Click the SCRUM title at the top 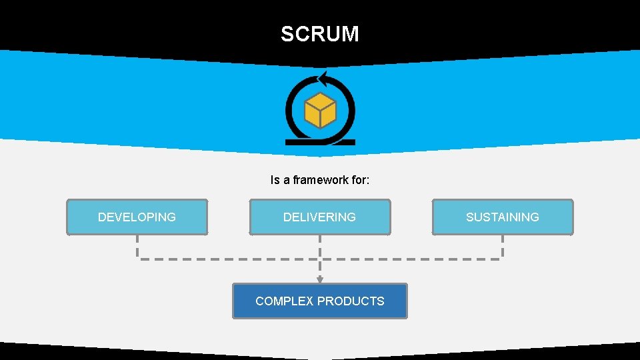(x=319, y=34)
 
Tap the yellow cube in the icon (x=320, y=110)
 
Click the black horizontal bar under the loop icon (x=320, y=142)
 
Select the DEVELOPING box (x=137, y=217)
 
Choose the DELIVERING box (x=319, y=217)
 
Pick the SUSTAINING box (x=502, y=217)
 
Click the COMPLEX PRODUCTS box (x=319, y=301)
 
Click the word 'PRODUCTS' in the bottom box (x=353, y=301)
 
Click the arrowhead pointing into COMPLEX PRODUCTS (x=320, y=280)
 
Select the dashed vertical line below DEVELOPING (x=137, y=247)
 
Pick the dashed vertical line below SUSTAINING (x=502, y=247)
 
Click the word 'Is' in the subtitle (x=275, y=180)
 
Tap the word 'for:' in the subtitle (x=360, y=180)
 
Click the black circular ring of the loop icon (x=289, y=110)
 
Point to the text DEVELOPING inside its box (x=137, y=217)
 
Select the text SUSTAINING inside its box (x=502, y=217)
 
